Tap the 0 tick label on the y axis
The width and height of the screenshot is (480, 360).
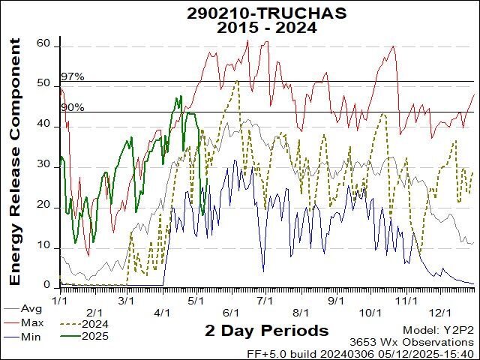46,285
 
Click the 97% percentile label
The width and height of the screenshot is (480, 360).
72,76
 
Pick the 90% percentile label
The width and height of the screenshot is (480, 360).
72,107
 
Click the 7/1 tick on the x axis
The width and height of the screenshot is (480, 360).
265,300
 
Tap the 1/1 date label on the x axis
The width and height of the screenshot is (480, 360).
59,300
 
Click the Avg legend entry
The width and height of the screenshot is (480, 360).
31,308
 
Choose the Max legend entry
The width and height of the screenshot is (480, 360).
31,322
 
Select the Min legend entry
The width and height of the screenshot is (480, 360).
31,336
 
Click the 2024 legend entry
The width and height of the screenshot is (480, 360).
96,322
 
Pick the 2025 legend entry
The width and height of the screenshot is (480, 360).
96,336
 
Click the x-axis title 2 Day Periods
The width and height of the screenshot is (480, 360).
266,331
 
